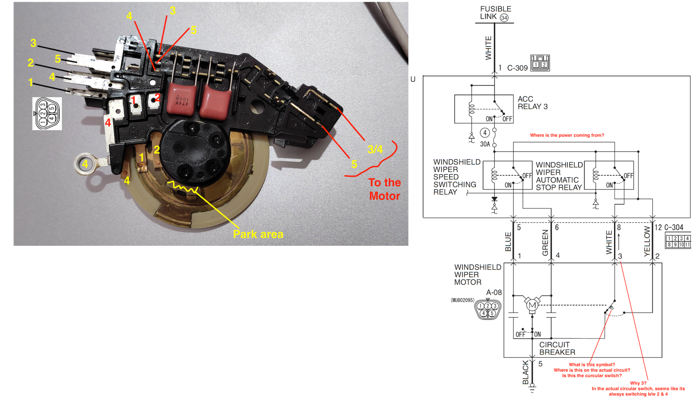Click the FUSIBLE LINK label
(x=495, y=13)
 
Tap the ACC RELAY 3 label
(x=533, y=103)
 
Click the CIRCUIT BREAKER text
(x=557, y=349)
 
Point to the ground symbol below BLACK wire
(x=532, y=388)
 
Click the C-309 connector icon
(x=540, y=63)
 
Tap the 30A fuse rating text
(x=485, y=144)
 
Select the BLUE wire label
(x=508, y=242)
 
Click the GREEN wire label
(x=545, y=243)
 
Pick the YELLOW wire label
(x=647, y=241)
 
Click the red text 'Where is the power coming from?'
(x=567, y=135)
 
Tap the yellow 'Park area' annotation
(x=258, y=234)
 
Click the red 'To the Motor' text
(x=385, y=189)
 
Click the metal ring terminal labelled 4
(x=85, y=163)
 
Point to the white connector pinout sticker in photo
(x=47, y=114)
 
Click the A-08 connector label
(x=494, y=292)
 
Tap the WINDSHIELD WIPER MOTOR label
(x=478, y=274)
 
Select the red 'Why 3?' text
(x=638, y=383)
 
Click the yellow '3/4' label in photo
(x=375, y=150)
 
